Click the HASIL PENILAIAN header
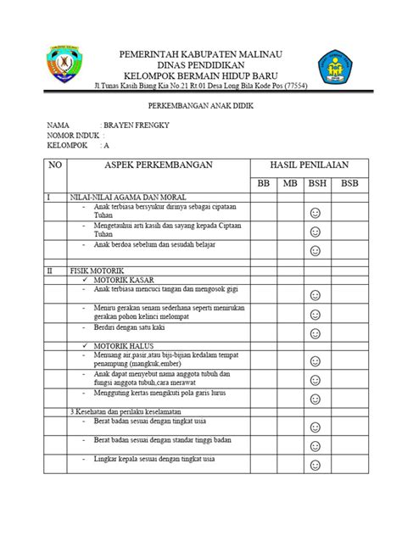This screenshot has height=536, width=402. click(x=308, y=164)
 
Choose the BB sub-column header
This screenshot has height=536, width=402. click(x=260, y=183)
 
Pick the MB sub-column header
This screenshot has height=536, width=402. click(x=290, y=183)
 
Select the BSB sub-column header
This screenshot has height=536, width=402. click(x=349, y=183)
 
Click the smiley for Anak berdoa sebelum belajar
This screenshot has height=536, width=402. click(x=315, y=250)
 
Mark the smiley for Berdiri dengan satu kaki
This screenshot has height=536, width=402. click(x=315, y=333)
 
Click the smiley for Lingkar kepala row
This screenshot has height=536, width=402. click(x=315, y=465)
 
